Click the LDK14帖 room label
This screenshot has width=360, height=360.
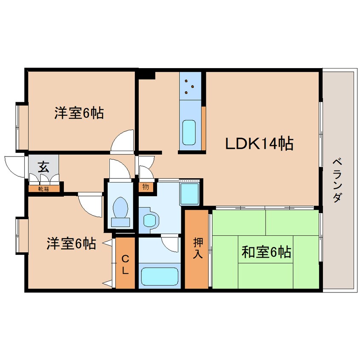point(259,144)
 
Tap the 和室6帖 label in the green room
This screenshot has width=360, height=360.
point(266,252)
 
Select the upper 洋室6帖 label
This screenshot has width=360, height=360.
point(79,113)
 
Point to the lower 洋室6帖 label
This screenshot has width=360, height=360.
point(71,244)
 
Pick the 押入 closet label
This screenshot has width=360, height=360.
point(198,248)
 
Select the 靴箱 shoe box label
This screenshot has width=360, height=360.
point(43,188)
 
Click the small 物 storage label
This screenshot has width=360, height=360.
point(145,186)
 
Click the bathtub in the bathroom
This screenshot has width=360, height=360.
point(159,277)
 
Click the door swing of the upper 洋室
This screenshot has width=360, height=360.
point(123,141)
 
